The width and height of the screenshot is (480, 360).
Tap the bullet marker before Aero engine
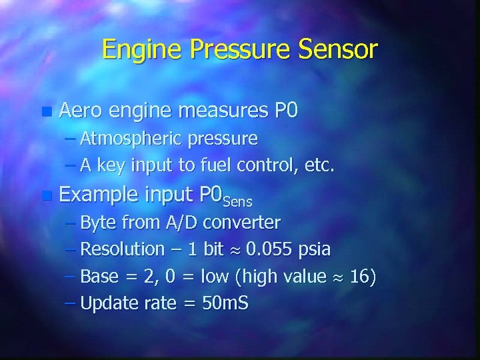pos(45,111)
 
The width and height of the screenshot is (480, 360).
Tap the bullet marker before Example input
pos(45,196)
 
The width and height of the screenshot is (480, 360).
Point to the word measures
pos(223,110)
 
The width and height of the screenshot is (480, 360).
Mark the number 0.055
pos(271,249)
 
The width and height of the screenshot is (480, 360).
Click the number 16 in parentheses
pos(359,276)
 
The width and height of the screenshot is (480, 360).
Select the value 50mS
pos(225,303)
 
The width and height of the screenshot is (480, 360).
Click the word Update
pos(109,304)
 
